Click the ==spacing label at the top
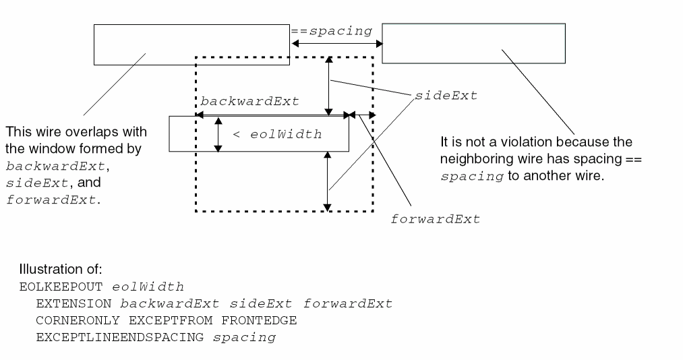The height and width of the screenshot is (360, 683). [x=331, y=31]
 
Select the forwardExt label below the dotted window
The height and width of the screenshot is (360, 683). [x=436, y=220]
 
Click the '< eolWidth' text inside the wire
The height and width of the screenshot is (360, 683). [x=277, y=135]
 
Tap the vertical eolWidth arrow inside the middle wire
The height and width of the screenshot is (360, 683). [x=218, y=134]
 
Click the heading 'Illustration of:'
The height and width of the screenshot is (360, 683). [x=60, y=269]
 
